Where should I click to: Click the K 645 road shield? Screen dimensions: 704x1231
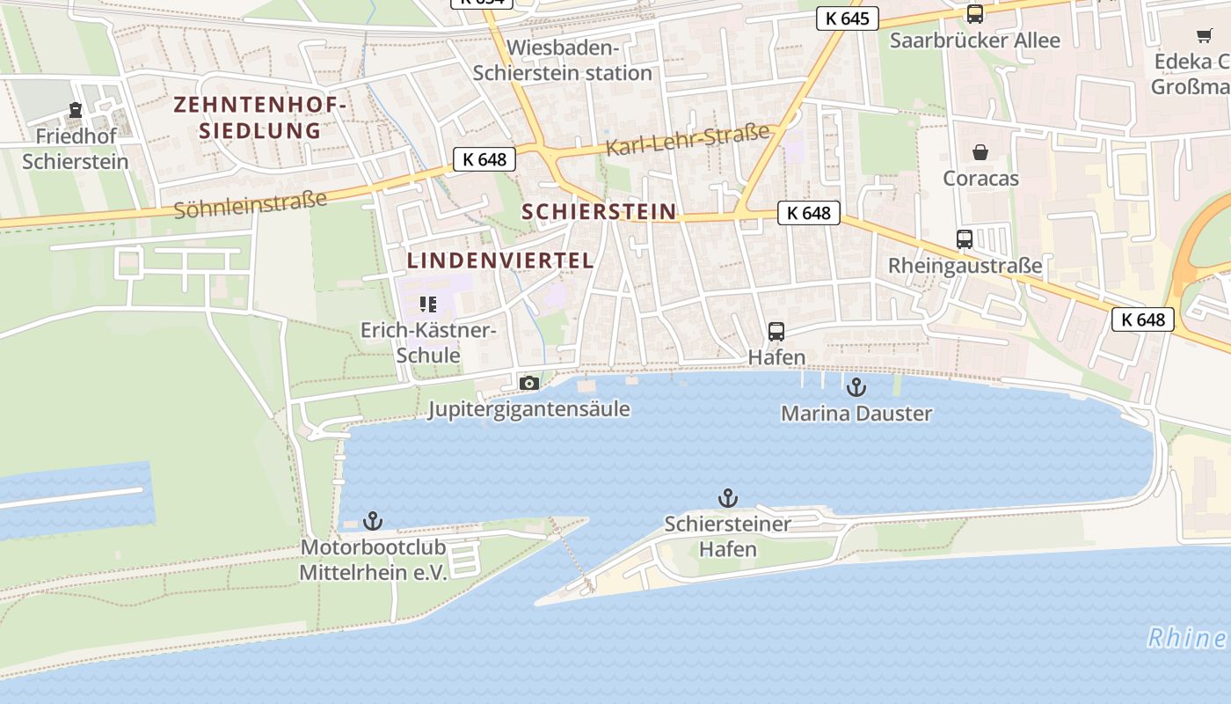click(848, 18)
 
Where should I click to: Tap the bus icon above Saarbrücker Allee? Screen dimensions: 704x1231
click(974, 14)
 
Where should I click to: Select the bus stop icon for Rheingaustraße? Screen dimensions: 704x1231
click(965, 239)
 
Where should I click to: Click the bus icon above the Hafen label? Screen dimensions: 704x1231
click(776, 332)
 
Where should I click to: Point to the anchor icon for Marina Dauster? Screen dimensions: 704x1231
click(856, 387)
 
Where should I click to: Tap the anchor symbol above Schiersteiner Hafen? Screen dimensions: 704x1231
click(727, 499)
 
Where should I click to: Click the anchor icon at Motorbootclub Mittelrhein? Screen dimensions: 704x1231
click(373, 521)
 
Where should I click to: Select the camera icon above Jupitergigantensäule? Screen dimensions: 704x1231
click(528, 383)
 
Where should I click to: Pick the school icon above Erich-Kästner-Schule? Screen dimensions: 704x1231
click(428, 305)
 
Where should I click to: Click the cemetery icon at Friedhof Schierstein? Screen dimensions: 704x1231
click(76, 111)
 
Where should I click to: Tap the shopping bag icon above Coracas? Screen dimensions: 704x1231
click(980, 152)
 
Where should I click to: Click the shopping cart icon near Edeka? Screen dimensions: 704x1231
click(1204, 36)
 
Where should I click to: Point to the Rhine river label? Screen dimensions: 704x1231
click(1187, 638)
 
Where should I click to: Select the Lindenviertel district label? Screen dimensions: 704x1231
click(500, 260)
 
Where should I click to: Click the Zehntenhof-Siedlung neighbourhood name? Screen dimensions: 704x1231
click(260, 118)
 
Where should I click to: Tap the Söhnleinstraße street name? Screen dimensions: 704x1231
click(251, 205)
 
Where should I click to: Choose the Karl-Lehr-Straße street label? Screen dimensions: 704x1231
click(688, 140)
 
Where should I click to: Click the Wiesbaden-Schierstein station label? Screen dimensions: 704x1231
click(563, 61)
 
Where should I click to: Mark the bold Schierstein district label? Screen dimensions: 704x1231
click(599, 212)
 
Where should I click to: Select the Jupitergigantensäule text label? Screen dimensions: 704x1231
click(528, 409)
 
